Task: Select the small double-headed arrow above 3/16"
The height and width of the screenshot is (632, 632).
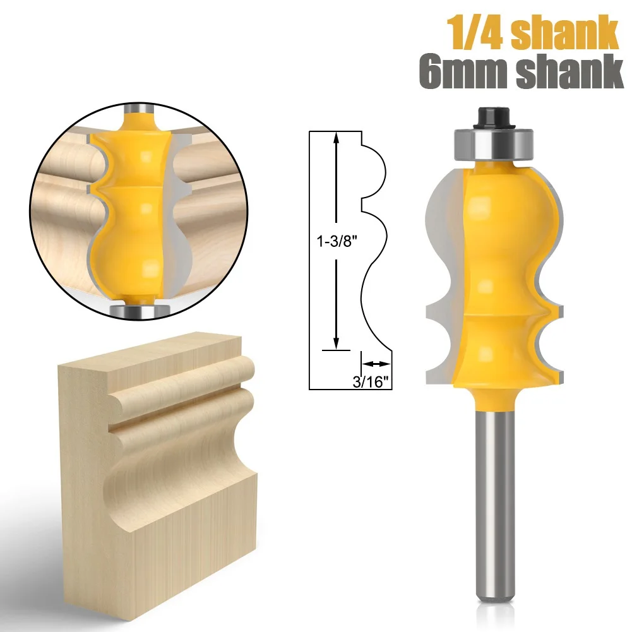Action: click(376, 364)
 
